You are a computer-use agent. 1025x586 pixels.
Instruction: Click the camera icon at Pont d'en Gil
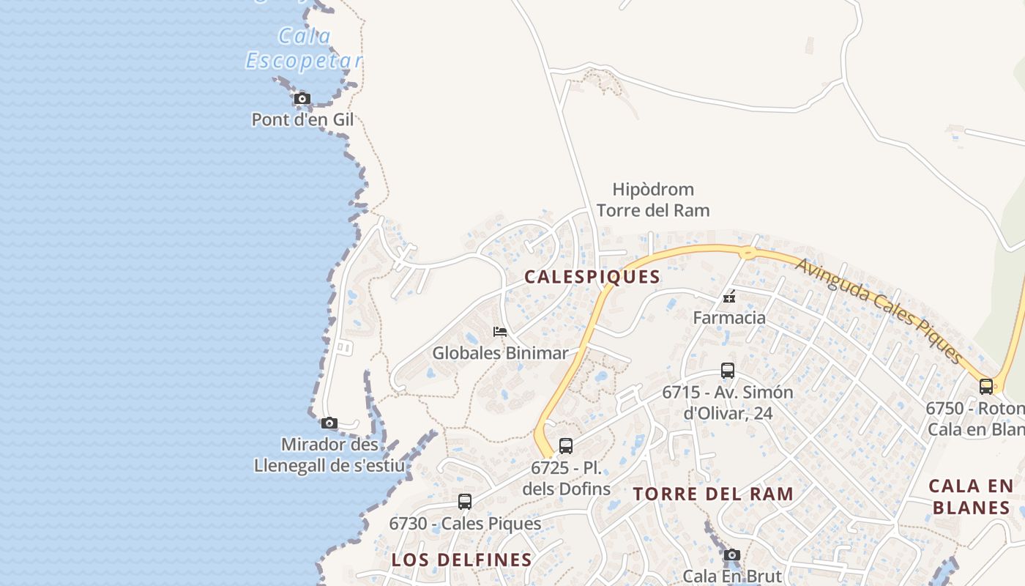pyautogui.click(x=302, y=98)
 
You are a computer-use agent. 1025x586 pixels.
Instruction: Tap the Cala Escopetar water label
pyautogui.click(x=304, y=48)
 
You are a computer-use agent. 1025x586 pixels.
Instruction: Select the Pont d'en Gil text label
pyautogui.click(x=302, y=119)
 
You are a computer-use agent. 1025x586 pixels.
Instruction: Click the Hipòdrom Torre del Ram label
pyautogui.click(x=653, y=200)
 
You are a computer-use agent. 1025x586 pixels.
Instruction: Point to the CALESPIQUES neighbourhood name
pyautogui.click(x=592, y=277)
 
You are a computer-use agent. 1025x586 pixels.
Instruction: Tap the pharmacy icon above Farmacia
pyautogui.click(x=729, y=297)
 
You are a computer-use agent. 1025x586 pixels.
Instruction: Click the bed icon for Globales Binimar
pyautogui.click(x=500, y=332)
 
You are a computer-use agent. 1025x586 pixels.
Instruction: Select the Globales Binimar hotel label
pyautogui.click(x=500, y=353)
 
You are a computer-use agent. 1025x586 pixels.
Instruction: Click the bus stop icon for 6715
pyautogui.click(x=727, y=371)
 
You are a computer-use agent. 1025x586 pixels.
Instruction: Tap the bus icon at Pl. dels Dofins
pyautogui.click(x=565, y=445)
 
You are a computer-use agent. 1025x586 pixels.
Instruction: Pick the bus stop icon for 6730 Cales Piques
pyautogui.click(x=464, y=502)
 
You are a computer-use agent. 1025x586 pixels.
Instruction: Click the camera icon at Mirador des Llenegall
pyautogui.click(x=329, y=423)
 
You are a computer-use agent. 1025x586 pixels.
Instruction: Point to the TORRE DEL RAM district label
pyautogui.click(x=713, y=494)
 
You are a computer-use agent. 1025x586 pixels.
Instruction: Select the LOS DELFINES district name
pyautogui.click(x=461, y=560)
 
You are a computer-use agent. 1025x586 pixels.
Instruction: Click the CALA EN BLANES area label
pyautogui.click(x=971, y=497)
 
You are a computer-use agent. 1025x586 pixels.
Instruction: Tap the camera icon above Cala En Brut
pyautogui.click(x=731, y=555)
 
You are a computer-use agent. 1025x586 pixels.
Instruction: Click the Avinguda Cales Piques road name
pyautogui.click(x=879, y=311)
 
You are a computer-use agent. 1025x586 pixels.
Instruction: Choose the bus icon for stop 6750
pyautogui.click(x=986, y=386)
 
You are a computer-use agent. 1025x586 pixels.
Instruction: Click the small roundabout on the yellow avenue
pyautogui.click(x=748, y=253)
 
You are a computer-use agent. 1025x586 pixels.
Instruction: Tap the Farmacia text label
pyautogui.click(x=729, y=318)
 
